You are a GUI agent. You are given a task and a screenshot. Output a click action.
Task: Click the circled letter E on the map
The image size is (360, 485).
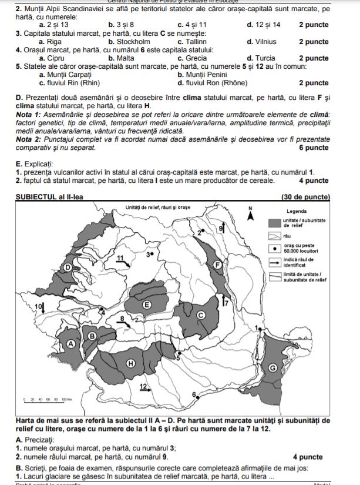[x=147, y=304]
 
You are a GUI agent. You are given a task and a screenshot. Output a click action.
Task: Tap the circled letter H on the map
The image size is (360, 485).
[x=131, y=363]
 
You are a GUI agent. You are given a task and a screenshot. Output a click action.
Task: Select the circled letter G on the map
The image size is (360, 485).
[x=272, y=367]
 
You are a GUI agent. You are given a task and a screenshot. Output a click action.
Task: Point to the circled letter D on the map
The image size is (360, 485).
[x=68, y=267]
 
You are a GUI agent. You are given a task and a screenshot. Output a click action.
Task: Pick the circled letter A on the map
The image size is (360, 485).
[x=72, y=344]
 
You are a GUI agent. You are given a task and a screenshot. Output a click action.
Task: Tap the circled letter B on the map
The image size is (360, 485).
[x=92, y=335]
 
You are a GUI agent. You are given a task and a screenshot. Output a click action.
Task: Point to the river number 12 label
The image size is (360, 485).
[x=143, y=386]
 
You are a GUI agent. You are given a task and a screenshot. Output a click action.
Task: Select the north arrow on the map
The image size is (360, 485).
[x=251, y=215]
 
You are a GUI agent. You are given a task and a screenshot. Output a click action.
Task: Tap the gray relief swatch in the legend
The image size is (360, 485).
[x=275, y=222]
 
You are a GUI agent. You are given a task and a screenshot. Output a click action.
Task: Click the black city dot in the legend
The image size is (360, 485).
[x=275, y=247]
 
